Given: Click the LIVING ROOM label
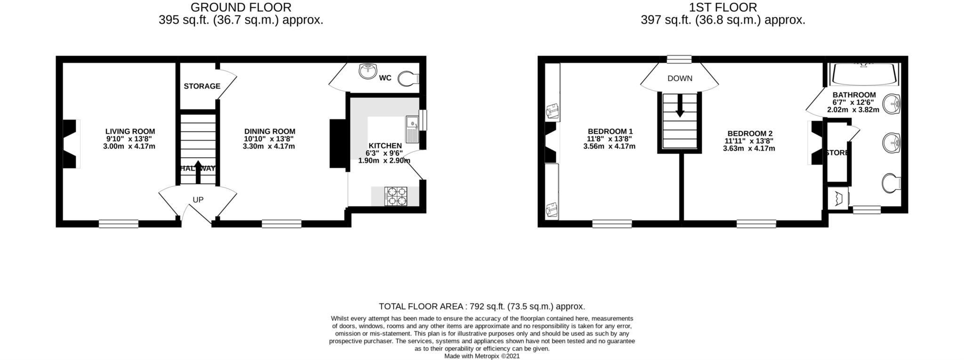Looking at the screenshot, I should tap(130, 132).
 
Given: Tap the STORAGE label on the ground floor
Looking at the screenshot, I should tap(202, 86).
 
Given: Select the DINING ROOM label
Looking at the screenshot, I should tap(270, 132).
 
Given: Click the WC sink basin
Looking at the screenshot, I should tap(367, 72).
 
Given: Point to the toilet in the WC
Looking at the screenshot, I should tap(408, 79).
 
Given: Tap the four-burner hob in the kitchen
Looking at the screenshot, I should tap(396, 196).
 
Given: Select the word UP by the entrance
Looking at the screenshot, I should tap(198, 200).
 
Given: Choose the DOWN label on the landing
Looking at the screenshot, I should tap(680, 79).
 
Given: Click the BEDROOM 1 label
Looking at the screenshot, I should tap(610, 132).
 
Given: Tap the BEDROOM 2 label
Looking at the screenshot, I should tap(749, 134).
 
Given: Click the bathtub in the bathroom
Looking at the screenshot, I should tap(864, 74).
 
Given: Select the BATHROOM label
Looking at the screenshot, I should tap(854, 95).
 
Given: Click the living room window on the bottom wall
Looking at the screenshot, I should tap(119, 224).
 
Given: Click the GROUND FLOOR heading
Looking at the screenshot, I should tap(241, 8).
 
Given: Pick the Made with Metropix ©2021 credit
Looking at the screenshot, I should tap(482, 356).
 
